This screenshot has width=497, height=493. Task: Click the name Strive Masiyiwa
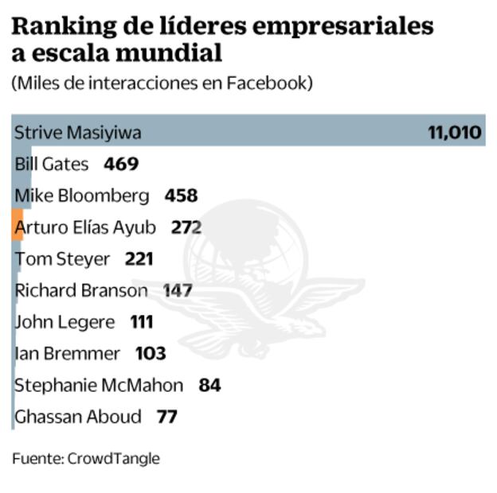pos(78,132)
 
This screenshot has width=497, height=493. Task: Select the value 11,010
pos(455,132)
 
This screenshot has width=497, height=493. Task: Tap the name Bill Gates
pos(53,164)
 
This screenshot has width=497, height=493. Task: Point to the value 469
pos(121,164)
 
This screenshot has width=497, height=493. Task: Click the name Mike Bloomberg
pos(82,195)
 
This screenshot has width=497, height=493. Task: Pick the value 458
pos(181,195)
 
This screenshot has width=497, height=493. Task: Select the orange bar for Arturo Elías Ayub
pos(17,226)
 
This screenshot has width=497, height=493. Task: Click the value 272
pos(186,227)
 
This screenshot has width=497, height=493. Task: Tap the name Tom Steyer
pos(63,258)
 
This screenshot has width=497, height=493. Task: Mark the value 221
pos(139,258)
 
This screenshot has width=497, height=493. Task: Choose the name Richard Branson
pos(81,290)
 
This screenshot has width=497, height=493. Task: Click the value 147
pos(178,290)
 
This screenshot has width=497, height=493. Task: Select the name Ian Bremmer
pos(68,353)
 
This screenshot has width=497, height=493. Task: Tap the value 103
pos(151,353)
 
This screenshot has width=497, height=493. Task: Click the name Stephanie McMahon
pos(99,385)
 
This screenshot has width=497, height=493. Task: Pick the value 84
pos(209,385)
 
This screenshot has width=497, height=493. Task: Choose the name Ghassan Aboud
pos(78,416)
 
